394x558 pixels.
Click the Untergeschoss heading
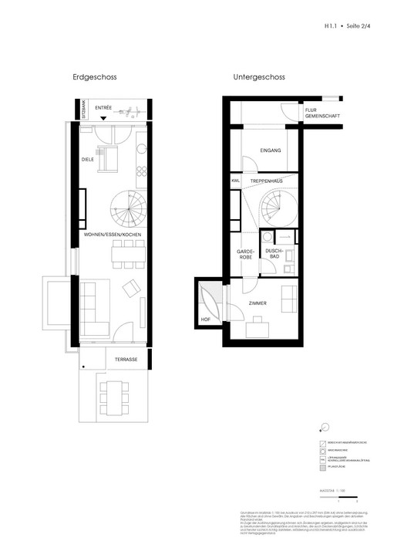pos(260,78)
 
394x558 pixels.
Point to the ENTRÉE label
pos(103,109)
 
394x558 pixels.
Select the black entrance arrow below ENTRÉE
pos(103,117)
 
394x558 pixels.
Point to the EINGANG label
pos(271,150)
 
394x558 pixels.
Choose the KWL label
pos(234,181)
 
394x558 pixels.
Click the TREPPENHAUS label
pos(268,181)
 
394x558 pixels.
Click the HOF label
pos(205,317)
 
